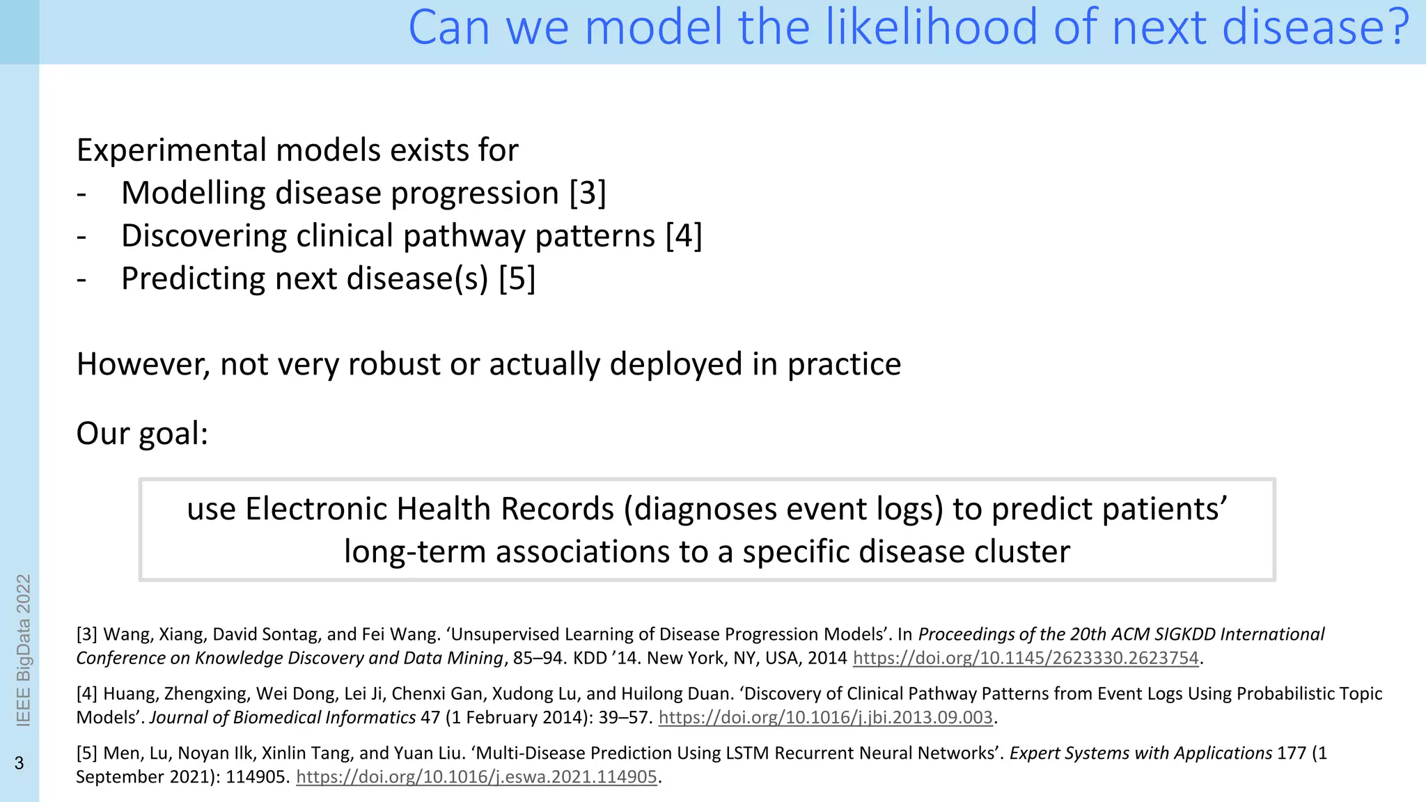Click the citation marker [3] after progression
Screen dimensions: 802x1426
click(588, 193)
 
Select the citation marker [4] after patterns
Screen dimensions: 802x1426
click(684, 236)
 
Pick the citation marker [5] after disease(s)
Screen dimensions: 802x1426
click(517, 278)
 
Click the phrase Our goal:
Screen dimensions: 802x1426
click(142, 433)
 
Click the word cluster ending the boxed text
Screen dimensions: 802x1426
click(1021, 551)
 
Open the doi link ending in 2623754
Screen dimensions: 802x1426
click(1026, 658)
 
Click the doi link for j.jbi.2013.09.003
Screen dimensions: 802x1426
click(825, 717)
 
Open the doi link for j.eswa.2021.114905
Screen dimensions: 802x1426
click(476, 777)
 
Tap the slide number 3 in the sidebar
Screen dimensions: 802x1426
click(19, 763)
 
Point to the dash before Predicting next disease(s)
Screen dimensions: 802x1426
click(81, 279)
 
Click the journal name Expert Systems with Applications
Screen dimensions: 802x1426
click(1141, 753)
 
